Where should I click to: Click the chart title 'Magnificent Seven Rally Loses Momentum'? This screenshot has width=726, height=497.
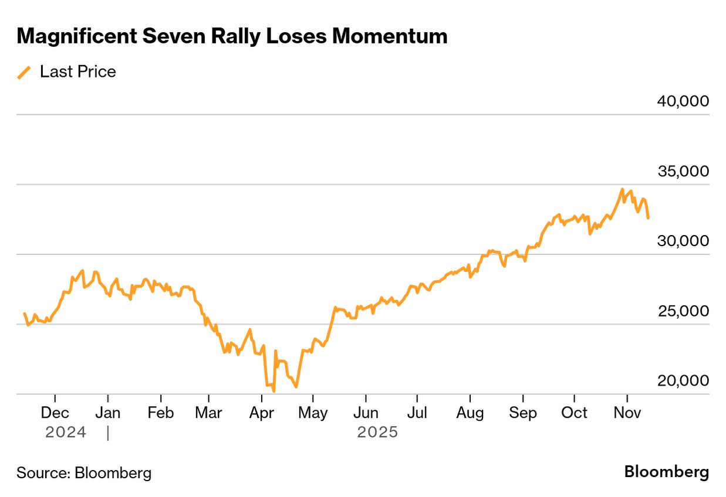(232, 36)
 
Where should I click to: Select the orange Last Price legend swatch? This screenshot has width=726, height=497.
(24, 72)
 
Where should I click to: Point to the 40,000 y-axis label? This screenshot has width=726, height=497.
(683, 101)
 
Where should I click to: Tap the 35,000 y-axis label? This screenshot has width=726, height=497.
(683, 171)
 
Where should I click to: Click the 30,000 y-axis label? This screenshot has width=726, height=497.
(683, 241)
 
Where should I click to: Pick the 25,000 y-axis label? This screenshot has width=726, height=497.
(683, 311)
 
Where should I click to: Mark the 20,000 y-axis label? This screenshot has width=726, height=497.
(683, 380)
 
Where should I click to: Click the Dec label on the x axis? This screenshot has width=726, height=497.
(55, 413)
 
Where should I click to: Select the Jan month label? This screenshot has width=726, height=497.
(108, 413)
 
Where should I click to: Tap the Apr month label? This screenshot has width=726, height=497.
(261, 413)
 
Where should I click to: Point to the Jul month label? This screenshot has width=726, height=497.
(417, 413)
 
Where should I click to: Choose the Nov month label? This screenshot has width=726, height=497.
(627, 413)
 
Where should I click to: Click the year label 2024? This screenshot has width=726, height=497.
(66, 433)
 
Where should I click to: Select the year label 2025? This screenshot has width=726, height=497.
(377, 433)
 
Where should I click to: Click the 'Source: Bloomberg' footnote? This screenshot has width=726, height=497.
(84, 473)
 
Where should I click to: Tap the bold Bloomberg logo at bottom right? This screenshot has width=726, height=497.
(666, 472)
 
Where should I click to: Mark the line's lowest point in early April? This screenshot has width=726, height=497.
(274, 391)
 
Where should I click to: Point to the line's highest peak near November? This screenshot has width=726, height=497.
(622, 189)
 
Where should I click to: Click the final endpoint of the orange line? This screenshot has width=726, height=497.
(648, 218)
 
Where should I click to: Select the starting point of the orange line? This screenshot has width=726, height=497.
(24, 314)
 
